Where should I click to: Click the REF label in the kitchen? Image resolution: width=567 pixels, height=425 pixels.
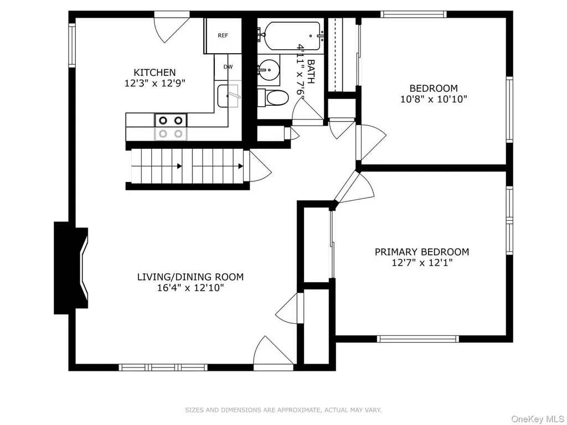point(223,35)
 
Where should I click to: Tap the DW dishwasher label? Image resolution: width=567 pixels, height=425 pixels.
point(228,67)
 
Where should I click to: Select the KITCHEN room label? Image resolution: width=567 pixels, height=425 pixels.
point(155,72)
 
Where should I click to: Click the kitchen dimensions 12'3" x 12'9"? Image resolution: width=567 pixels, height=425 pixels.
point(155,84)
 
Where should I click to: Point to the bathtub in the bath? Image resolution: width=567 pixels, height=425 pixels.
point(292,36)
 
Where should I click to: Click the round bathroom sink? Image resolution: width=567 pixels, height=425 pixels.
point(269,68)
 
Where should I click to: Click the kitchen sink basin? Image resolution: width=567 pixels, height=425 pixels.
point(228,96)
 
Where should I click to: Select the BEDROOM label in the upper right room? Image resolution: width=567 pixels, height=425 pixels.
point(433,88)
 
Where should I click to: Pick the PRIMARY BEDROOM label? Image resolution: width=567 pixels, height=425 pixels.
point(421,252)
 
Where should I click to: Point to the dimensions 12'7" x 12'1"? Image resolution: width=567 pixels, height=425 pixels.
point(422,263)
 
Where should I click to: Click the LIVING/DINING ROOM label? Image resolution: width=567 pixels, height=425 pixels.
point(190,277)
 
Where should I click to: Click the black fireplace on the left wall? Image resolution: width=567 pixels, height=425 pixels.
point(69,268)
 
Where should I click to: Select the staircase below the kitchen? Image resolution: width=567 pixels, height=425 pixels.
point(187,167)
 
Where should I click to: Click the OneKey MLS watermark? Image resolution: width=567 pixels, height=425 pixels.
point(538,419)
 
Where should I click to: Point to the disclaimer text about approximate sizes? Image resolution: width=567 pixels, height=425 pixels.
point(283,410)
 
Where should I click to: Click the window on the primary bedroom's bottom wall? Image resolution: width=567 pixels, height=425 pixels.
point(417,339)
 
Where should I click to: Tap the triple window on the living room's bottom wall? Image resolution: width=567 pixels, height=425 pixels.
point(163,367)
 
